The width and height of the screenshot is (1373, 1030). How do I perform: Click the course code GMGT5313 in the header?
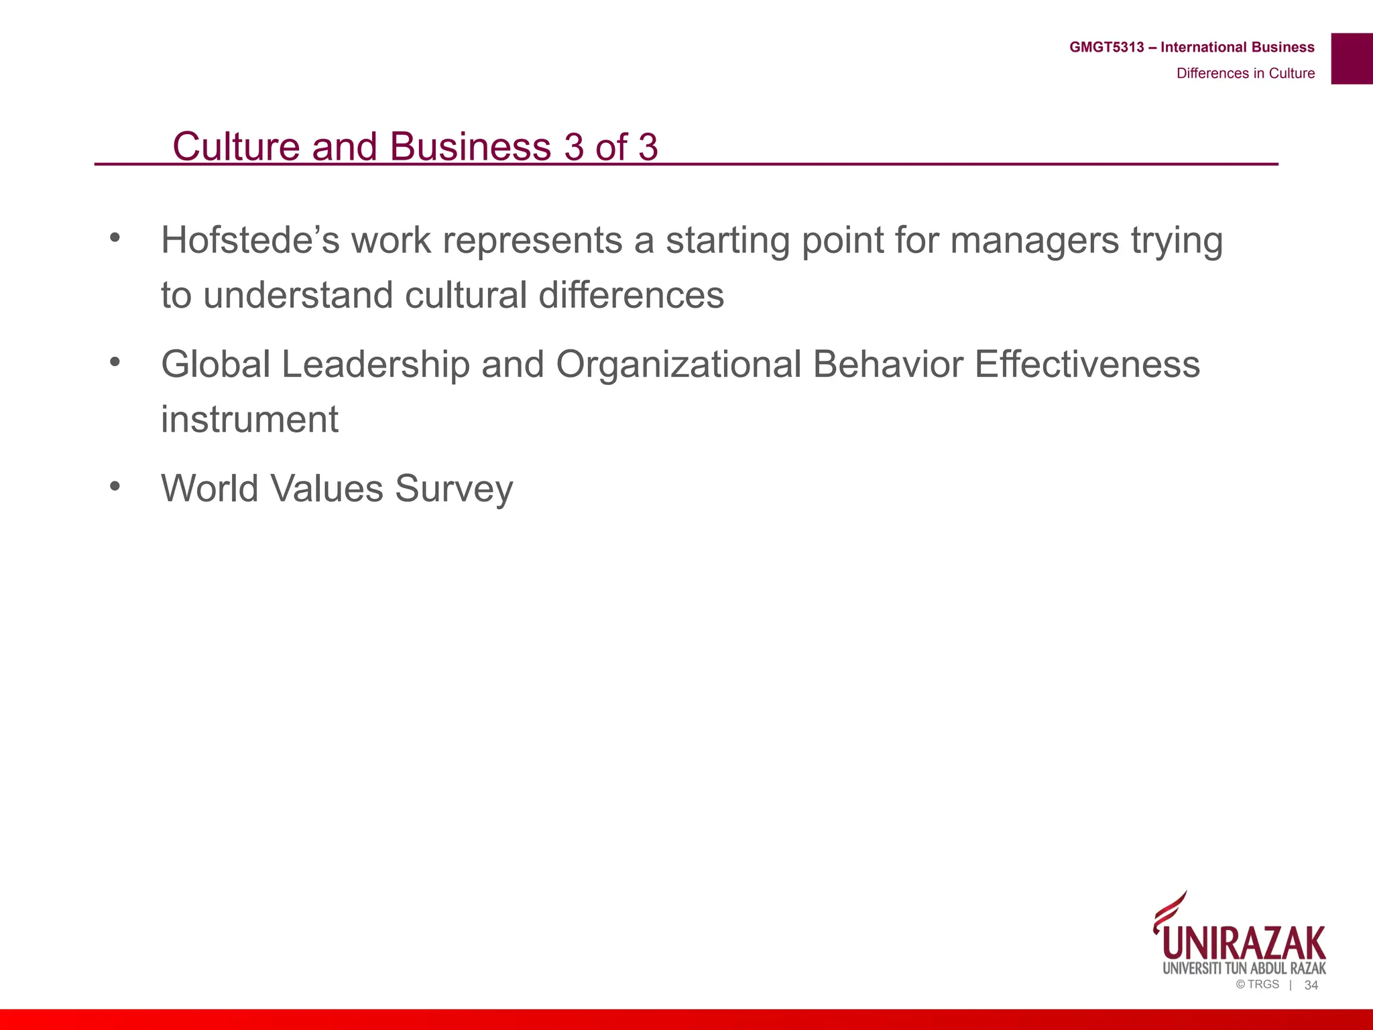tap(1106, 48)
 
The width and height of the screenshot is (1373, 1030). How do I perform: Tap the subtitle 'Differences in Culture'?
tap(1245, 74)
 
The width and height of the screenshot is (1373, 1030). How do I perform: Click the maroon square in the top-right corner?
tap(1352, 58)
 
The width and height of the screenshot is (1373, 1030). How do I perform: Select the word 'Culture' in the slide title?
tap(236, 146)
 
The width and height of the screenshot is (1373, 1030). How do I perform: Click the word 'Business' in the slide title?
tap(470, 146)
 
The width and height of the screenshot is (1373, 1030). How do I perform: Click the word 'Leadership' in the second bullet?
tap(375, 365)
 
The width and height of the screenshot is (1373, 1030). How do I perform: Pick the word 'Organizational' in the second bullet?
tap(678, 366)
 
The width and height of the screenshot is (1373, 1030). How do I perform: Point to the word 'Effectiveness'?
tap(1087, 365)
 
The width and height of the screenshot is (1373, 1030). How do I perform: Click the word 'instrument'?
tap(249, 420)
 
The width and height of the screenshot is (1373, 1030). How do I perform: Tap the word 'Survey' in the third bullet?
tap(454, 490)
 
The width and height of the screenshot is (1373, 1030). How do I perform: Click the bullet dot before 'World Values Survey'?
tap(115, 485)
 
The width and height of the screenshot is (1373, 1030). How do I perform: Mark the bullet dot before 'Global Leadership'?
tap(115, 361)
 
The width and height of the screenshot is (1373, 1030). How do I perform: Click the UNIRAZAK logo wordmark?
tap(1244, 943)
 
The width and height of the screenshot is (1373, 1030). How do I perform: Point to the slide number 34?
tap(1311, 985)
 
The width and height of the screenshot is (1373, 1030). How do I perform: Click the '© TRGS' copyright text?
tap(1257, 984)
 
